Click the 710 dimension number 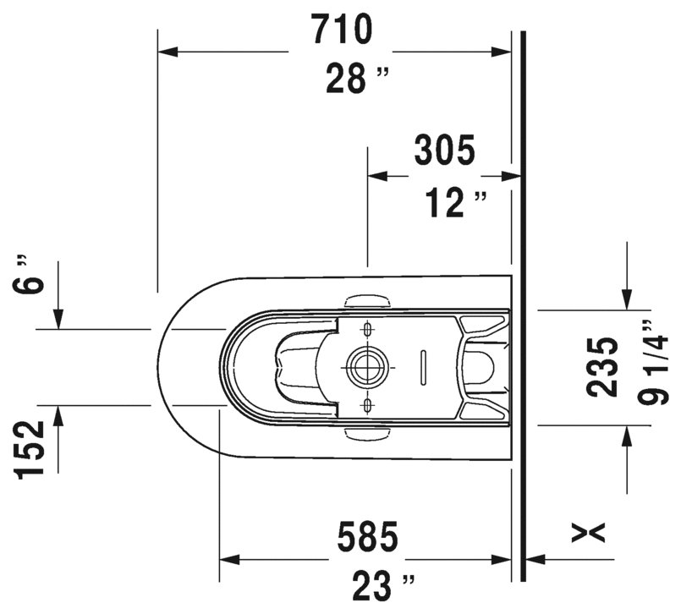click(342, 30)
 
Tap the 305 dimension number click(444, 151)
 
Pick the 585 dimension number click(366, 535)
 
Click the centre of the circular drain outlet click(365, 367)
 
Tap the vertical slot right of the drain click(422, 367)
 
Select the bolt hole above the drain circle click(366, 327)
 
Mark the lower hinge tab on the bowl click(368, 433)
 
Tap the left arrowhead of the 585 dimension click(227, 559)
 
